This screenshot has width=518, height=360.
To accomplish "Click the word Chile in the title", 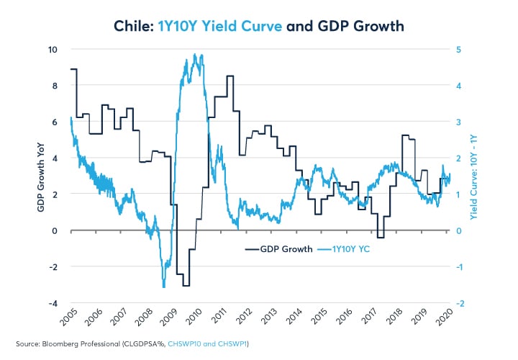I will tap(134, 27).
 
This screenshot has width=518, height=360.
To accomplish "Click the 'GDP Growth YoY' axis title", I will tap(42, 176).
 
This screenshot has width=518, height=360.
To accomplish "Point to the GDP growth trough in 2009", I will tap(186, 285).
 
